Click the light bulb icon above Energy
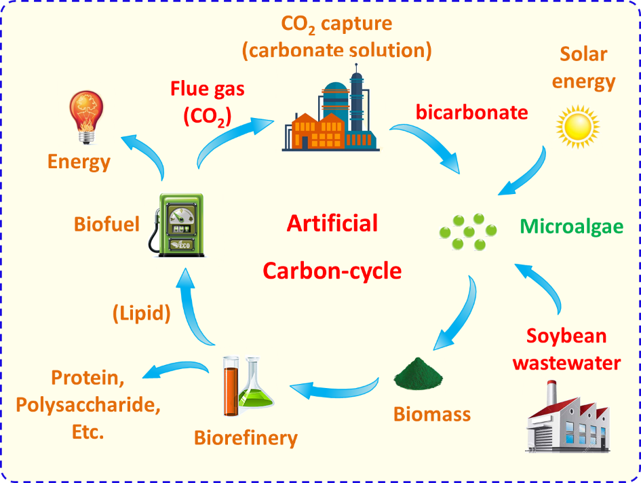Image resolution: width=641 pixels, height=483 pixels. coord(86,117)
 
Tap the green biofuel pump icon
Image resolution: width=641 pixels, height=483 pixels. coord(176,225)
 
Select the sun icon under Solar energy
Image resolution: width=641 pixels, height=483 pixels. coord(578,127)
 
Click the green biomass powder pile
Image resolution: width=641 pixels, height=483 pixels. coord(419,373)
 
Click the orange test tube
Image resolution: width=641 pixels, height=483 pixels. coord(231,386)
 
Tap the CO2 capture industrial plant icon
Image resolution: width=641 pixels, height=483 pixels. coord(331,108)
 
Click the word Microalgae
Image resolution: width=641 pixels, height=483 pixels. coord(572,227)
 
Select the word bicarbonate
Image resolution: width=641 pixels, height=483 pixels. coord(471,113)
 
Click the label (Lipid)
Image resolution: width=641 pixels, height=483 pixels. coord(142,313)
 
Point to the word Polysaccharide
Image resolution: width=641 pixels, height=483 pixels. coord(88,405)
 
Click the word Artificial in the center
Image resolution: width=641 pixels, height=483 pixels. coord(332,223)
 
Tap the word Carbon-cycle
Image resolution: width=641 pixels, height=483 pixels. coord(332,271)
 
